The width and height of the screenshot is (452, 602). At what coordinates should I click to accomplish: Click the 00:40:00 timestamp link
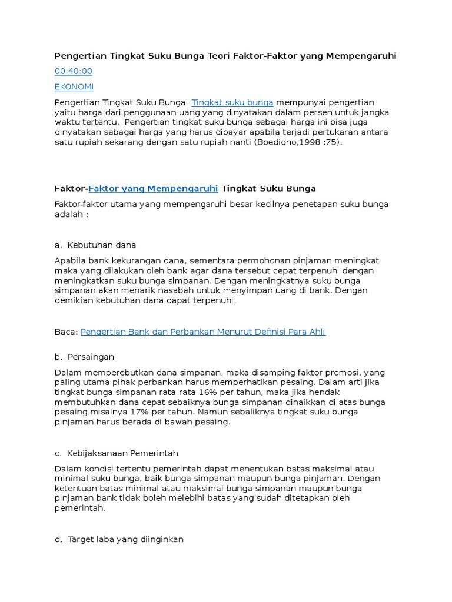tap(74, 71)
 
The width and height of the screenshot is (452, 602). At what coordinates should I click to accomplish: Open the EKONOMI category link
tap(74, 86)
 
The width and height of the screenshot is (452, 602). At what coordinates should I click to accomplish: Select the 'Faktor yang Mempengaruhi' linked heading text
tap(153, 188)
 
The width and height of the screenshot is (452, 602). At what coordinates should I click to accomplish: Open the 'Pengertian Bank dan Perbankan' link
tap(202, 332)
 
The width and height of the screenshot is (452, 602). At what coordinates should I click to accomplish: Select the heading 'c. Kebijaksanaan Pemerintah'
tap(116, 453)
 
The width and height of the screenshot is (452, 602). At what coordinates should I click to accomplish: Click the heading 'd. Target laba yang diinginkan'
tap(119, 539)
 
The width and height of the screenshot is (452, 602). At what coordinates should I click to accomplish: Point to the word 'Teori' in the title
tap(219, 56)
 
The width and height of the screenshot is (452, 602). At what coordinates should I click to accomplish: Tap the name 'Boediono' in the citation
tap(278, 142)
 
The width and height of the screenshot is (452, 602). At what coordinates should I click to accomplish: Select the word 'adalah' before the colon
tap(68, 215)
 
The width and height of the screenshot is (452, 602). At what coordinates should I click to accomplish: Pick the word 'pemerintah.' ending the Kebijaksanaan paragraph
tap(80, 509)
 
